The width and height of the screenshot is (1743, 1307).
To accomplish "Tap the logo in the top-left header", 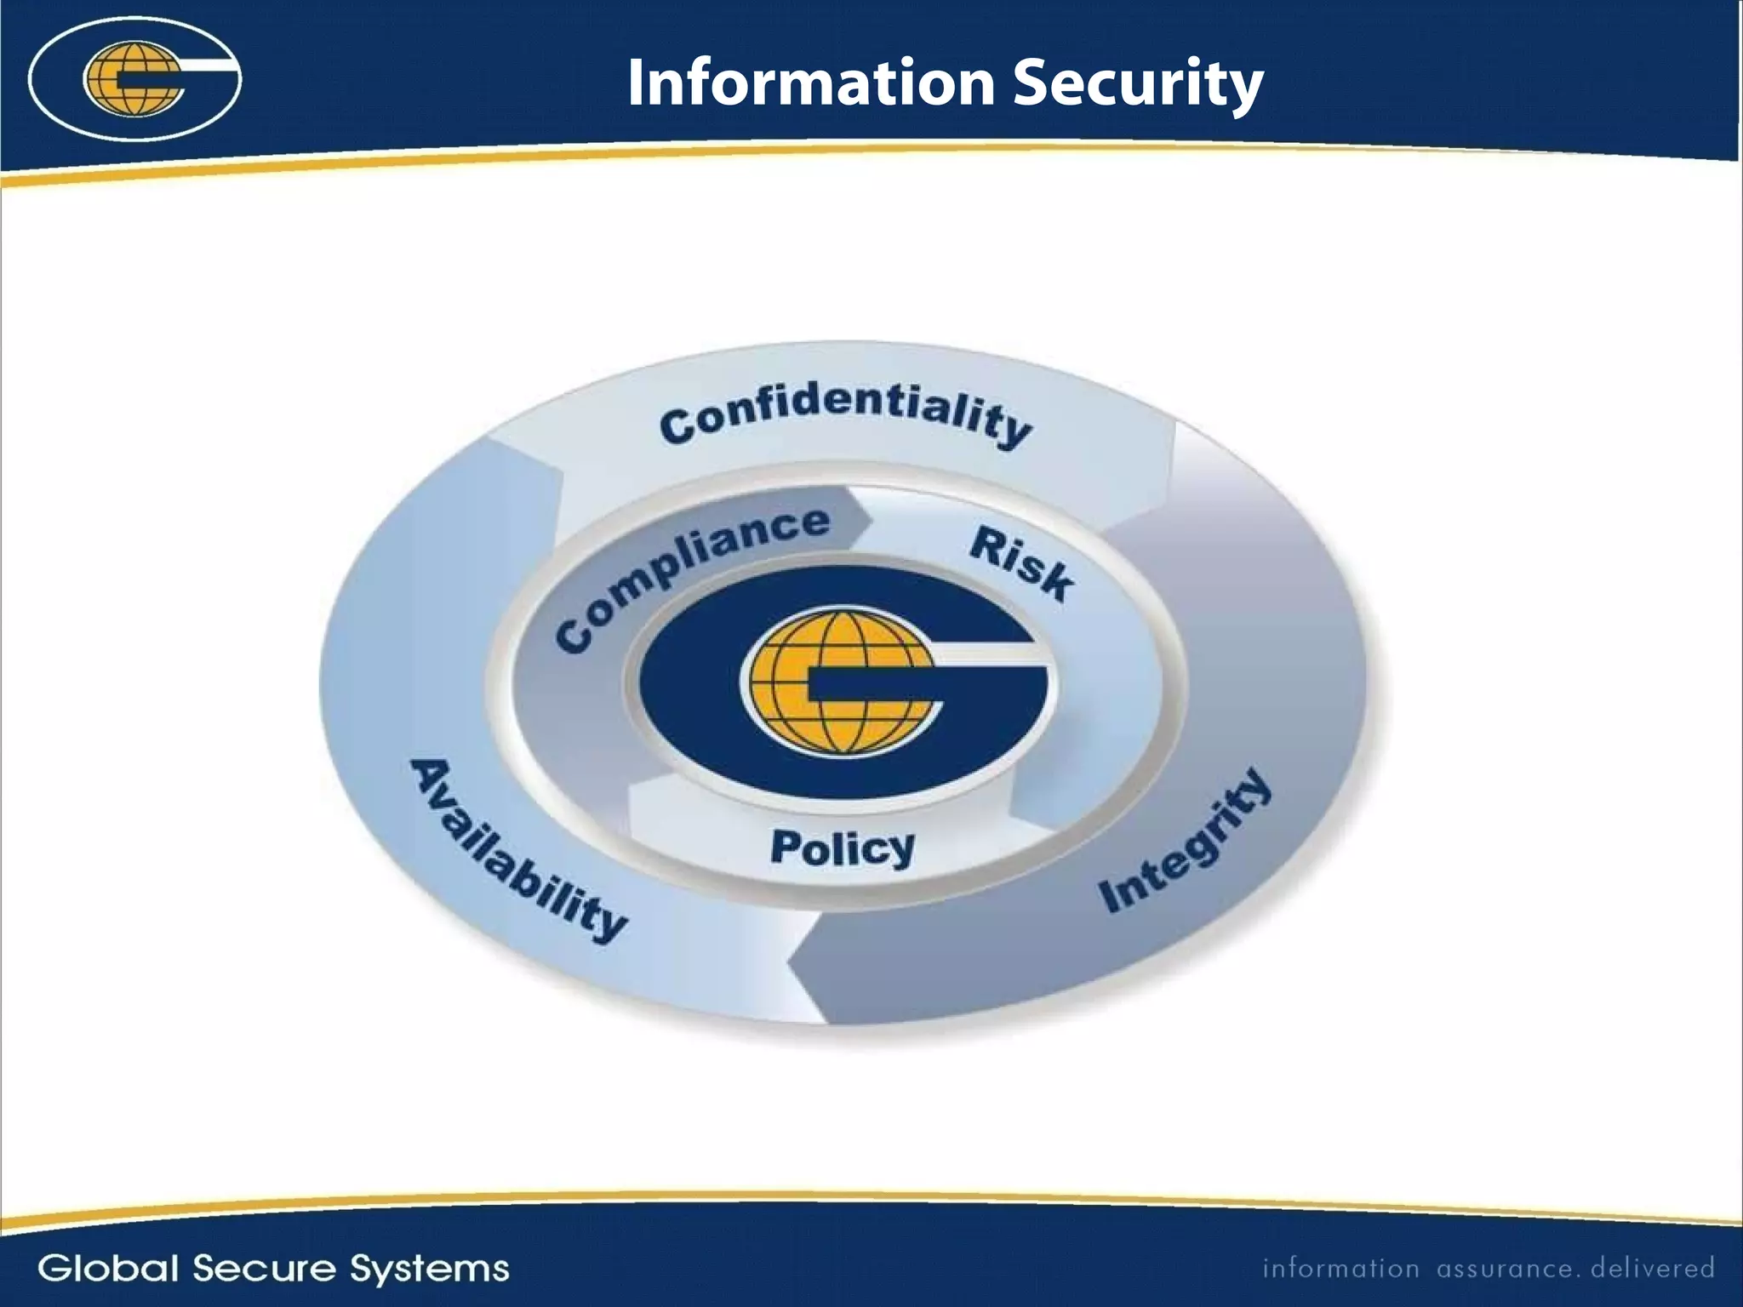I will [134, 79].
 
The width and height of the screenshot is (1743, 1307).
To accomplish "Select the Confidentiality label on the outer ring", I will [846, 416].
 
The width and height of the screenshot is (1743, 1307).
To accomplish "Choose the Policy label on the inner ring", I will [843, 848].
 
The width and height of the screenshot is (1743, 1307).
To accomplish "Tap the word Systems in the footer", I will [430, 1269].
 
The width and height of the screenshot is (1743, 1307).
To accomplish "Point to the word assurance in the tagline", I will [1504, 1269].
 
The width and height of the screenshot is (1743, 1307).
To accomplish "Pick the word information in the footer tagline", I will [1340, 1269].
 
